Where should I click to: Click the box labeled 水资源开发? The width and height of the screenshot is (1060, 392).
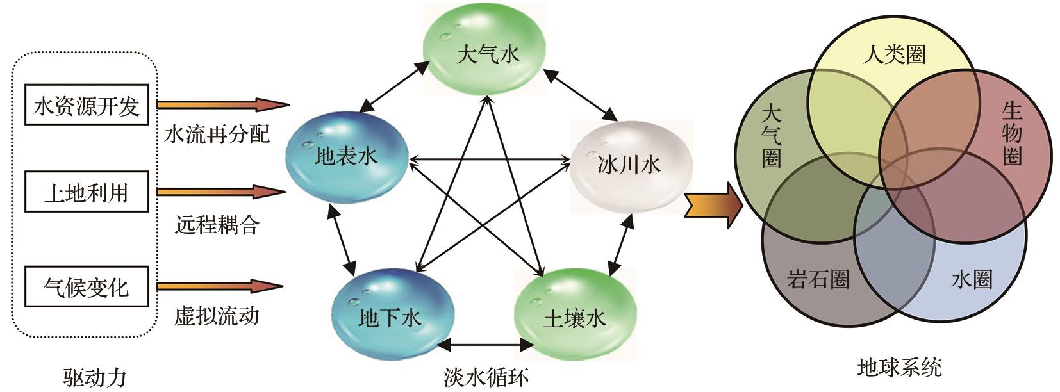(87, 105)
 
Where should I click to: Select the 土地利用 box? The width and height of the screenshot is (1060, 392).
(87, 192)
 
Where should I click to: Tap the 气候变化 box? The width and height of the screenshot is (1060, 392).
(87, 286)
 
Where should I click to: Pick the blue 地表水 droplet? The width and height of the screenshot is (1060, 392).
(347, 158)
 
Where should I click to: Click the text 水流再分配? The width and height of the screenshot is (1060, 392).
(217, 135)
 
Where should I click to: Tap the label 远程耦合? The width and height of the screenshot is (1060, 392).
(217, 225)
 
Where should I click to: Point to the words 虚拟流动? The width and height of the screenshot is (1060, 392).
(217, 316)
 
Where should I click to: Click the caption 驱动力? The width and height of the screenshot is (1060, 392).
(95, 377)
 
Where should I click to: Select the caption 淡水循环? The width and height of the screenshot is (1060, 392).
(486, 377)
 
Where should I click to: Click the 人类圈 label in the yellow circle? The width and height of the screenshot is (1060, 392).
(894, 55)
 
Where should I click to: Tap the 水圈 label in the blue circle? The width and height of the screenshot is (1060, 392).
(972, 279)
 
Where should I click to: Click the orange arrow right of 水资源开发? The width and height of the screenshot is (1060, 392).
(224, 104)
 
